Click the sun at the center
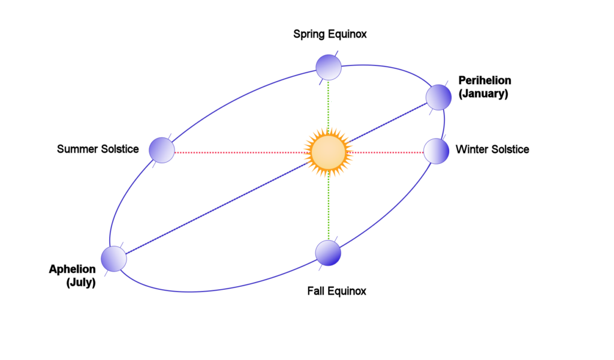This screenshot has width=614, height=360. point(328,152)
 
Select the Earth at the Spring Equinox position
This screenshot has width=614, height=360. point(329,67)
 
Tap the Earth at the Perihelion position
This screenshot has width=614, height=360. point(438,97)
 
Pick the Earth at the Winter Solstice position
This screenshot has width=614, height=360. point(437,151)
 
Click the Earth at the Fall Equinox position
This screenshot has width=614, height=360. point(328,253)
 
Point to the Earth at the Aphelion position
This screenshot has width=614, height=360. point(114,259)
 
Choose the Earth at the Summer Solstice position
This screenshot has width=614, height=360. point(162,150)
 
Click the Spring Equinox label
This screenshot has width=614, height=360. point(330,34)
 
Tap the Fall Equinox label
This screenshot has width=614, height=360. point(337,291)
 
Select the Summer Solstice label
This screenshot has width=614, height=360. point(98,149)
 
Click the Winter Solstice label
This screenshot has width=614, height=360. point(492,149)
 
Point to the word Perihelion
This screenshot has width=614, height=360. point(484,80)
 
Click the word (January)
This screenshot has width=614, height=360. point(484,94)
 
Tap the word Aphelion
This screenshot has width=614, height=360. point(72,269)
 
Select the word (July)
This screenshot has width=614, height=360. point(81,283)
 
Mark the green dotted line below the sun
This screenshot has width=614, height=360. point(329,208)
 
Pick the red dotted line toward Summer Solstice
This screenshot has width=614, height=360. point(240,152)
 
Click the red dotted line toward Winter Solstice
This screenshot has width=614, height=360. point(388,152)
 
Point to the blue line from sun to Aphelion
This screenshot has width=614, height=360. point(218,208)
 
